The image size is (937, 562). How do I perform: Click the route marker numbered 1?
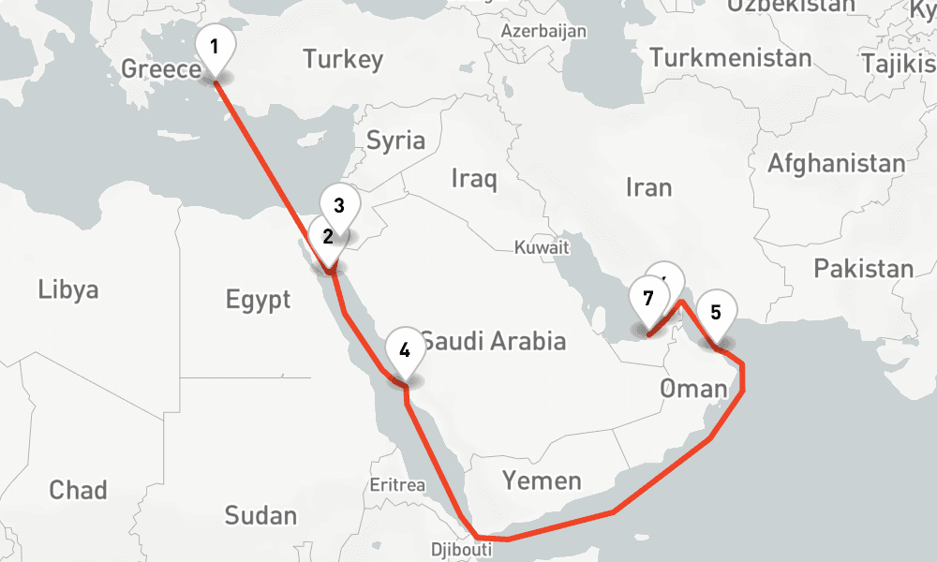(215, 46)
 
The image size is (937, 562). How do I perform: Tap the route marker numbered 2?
(328, 237)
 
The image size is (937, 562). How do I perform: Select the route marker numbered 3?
(339, 205)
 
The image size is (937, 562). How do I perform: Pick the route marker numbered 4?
(405, 350)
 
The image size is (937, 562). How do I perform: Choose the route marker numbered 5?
(716, 313)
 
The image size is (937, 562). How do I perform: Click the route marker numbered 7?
(647, 300)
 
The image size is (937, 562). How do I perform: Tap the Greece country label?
(161, 69)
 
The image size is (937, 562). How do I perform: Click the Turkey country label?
(343, 60)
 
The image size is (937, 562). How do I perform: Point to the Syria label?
(395, 141)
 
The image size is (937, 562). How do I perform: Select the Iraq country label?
(473, 178)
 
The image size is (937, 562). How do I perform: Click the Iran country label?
(648, 187)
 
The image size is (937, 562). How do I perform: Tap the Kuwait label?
(542, 248)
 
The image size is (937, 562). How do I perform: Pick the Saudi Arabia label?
(494, 340)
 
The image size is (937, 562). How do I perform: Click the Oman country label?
(692, 388)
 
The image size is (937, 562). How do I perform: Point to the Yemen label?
(542, 481)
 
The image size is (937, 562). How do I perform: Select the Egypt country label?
(258, 301)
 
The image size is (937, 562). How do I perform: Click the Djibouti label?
(461, 550)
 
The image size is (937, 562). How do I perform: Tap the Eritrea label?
(397, 485)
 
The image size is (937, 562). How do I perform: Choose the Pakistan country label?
(863, 269)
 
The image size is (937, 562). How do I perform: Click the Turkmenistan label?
(731, 58)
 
